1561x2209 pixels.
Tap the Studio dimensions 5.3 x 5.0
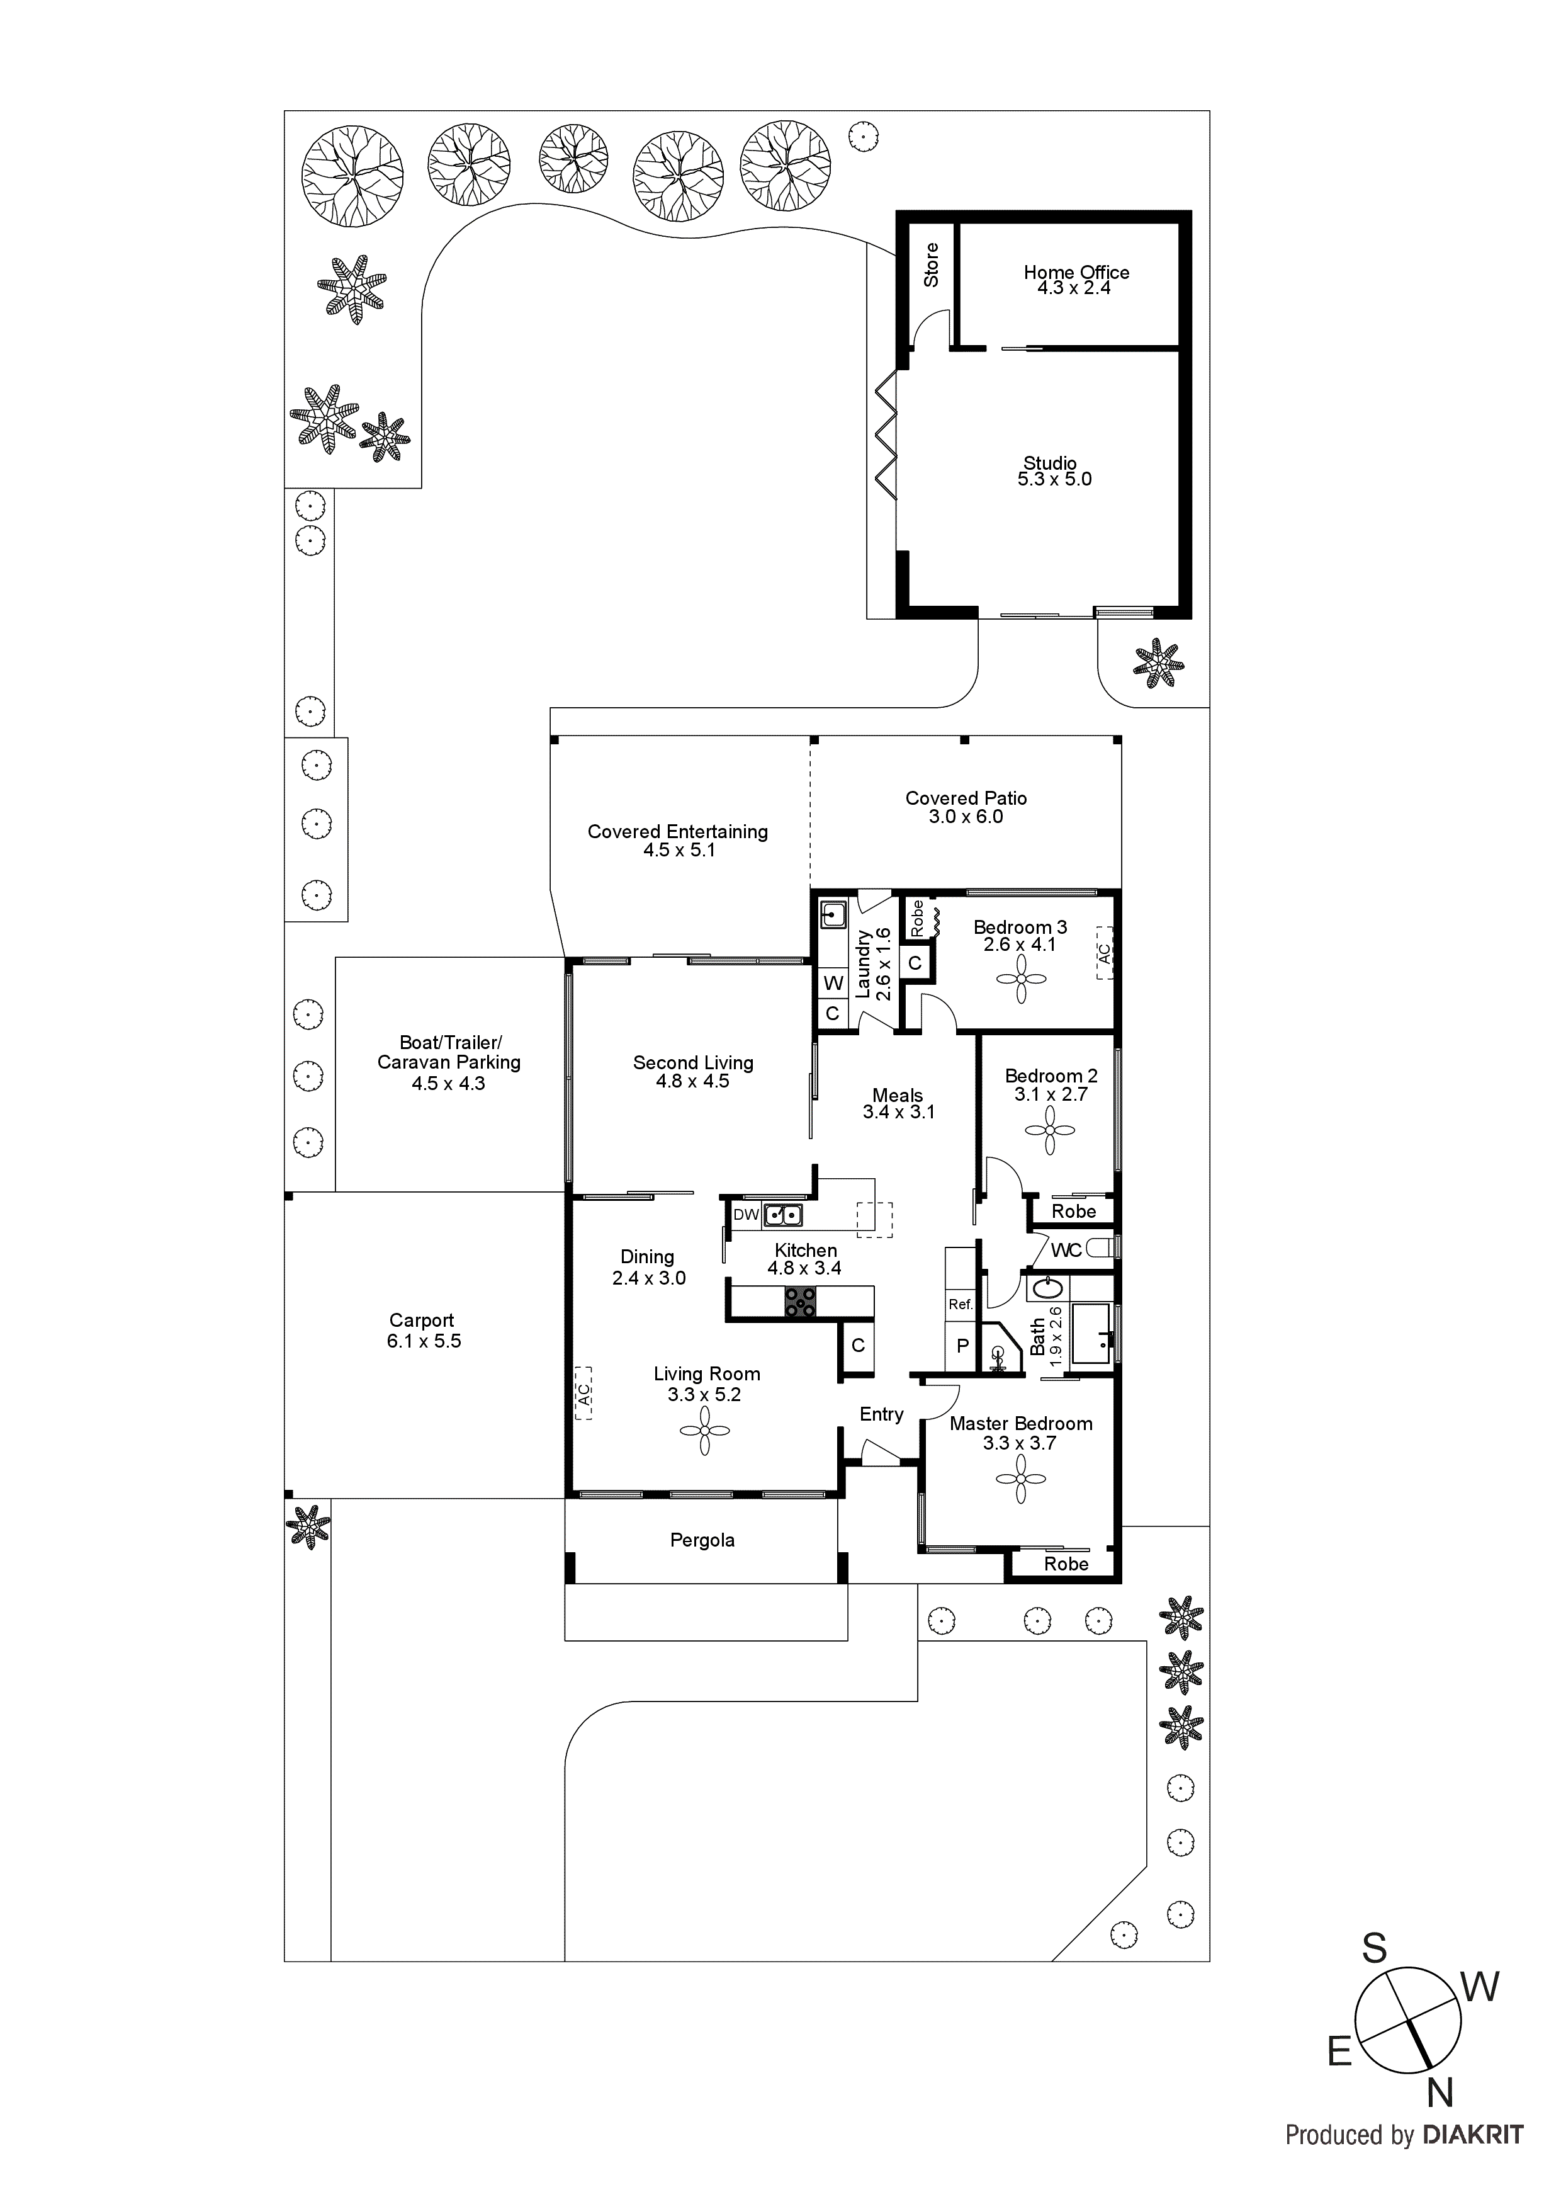pos(1054,479)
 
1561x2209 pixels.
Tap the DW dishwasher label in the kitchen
pos(745,1215)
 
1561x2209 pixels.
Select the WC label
pos(1066,1250)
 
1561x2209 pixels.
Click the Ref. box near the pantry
pos(961,1305)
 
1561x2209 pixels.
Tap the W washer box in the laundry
pos(833,983)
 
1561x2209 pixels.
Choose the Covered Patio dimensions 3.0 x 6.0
pos(966,817)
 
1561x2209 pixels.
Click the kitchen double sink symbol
pos(783,1215)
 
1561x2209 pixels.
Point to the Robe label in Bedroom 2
pos(1073,1212)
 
